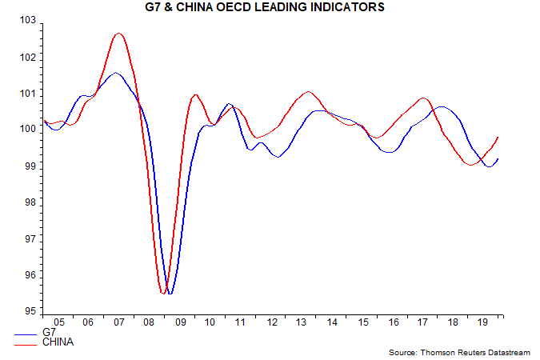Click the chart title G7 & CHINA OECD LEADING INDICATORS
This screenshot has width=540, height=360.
(x=270, y=7)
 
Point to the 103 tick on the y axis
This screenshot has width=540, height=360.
(x=29, y=20)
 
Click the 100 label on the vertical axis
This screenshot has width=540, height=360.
(x=29, y=130)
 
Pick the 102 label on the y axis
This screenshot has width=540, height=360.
(x=29, y=57)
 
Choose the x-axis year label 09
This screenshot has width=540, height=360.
(x=179, y=322)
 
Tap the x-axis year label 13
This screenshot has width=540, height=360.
(x=302, y=322)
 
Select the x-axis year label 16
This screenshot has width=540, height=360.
(x=393, y=322)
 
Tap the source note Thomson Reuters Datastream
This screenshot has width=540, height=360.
(x=462, y=352)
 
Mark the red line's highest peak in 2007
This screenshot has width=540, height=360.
(x=118, y=34)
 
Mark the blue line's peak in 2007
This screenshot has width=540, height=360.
(x=116, y=73)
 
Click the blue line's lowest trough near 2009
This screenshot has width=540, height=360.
(x=170, y=294)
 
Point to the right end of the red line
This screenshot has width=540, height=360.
(x=498, y=137)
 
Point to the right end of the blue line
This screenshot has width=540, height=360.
(x=498, y=158)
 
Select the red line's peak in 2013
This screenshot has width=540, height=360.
(x=309, y=92)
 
